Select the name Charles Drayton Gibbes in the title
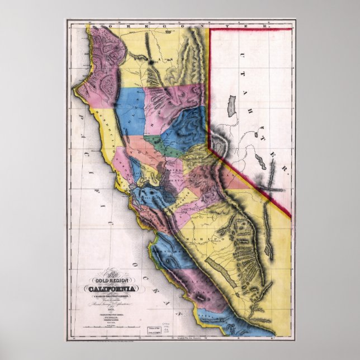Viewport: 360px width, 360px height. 108,296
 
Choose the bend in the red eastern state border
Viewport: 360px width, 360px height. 210,147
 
